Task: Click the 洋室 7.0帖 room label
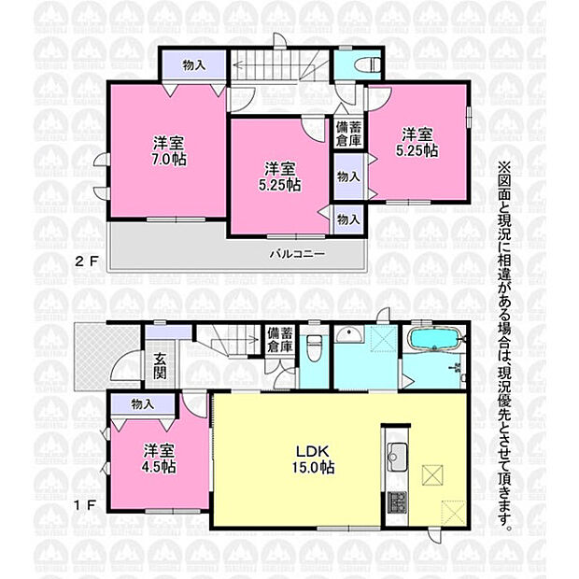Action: pyautogui.click(x=169, y=150)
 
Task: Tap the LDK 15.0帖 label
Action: pyautogui.click(x=313, y=459)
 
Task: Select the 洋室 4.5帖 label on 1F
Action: pyautogui.click(x=159, y=459)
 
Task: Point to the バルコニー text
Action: pyautogui.click(x=297, y=254)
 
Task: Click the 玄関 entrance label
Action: pyautogui.click(x=160, y=366)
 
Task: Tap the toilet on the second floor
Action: pyautogui.click(x=367, y=65)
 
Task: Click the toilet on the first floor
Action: pyautogui.click(x=314, y=347)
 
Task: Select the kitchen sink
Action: pyautogui.click(x=396, y=458)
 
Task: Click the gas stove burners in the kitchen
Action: pyautogui.click(x=397, y=502)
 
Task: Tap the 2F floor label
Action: pyautogui.click(x=87, y=261)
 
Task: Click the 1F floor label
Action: pyautogui.click(x=85, y=504)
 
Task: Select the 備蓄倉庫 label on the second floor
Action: pyautogui.click(x=348, y=134)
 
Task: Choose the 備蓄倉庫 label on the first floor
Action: pyautogui.click(x=280, y=340)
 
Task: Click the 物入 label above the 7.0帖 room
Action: pyautogui.click(x=194, y=65)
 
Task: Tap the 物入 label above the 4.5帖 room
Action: pyautogui.click(x=143, y=404)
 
